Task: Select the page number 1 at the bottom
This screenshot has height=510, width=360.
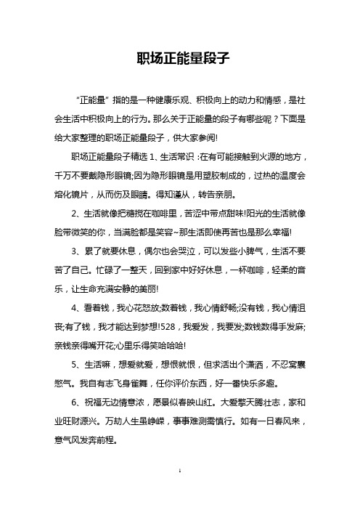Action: pyautogui.click(x=179, y=491)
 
